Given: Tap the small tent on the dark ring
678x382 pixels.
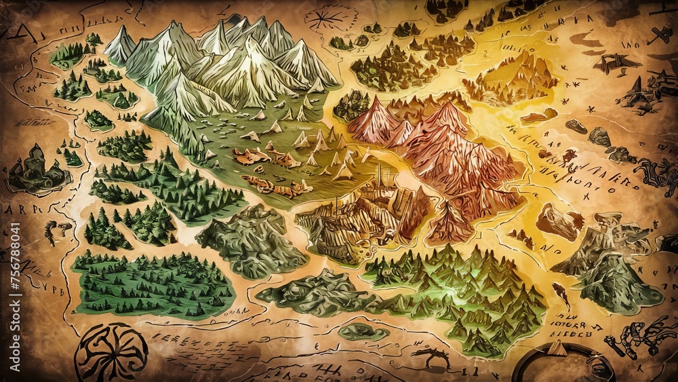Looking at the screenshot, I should click(x=557, y=348).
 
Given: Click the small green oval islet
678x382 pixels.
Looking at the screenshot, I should click(x=363, y=332).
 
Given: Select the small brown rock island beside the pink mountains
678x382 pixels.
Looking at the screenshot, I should click(x=559, y=221).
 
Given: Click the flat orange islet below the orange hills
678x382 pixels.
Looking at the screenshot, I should click(x=539, y=116).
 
